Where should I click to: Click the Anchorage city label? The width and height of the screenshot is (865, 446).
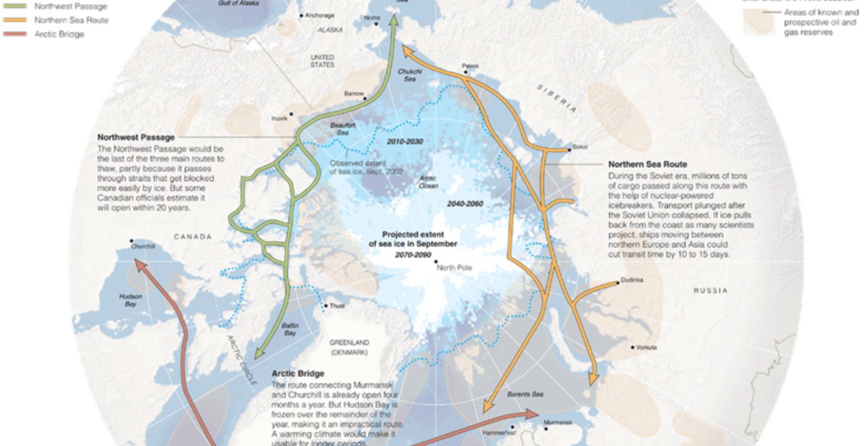pos(320,16)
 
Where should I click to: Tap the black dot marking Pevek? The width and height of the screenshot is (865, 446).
pos(466,72)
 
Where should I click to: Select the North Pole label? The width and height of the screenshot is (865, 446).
pos(454,268)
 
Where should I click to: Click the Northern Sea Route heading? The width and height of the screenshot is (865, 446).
pos(647,164)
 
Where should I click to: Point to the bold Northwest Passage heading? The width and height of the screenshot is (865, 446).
pos(136,137)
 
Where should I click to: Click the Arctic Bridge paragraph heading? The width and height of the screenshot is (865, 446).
pos(298,374)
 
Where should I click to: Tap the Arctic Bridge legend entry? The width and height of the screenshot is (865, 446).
pos(59,34)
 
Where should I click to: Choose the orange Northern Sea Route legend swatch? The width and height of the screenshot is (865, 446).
pos(16,21)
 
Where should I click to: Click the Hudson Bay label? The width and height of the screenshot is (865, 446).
pos(130,300)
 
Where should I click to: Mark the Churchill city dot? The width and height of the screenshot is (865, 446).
pos(132,241)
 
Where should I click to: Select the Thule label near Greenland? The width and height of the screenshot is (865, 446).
pos(337,306)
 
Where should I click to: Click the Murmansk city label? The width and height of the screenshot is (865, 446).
pos(558,422)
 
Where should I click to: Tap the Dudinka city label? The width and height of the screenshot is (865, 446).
pos(632,280)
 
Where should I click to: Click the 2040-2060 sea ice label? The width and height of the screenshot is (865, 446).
pos(465,204)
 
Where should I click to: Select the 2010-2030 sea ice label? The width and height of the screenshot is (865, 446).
pos(405,142)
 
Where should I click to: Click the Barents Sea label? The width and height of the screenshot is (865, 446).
pos(525,394)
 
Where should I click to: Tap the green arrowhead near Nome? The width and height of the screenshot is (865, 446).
pos(394,21)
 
